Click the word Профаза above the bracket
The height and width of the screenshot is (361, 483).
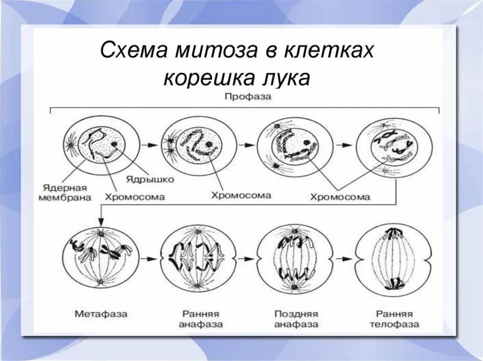tap(245, 96)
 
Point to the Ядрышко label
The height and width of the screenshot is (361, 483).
tap(150, 179)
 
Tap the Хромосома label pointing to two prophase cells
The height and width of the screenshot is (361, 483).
tap(340, 197)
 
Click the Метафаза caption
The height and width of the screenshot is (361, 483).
tap(101, 313)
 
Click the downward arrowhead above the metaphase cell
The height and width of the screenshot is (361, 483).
tap(100, 221)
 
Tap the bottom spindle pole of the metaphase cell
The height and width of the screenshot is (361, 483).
tap(100, 283)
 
